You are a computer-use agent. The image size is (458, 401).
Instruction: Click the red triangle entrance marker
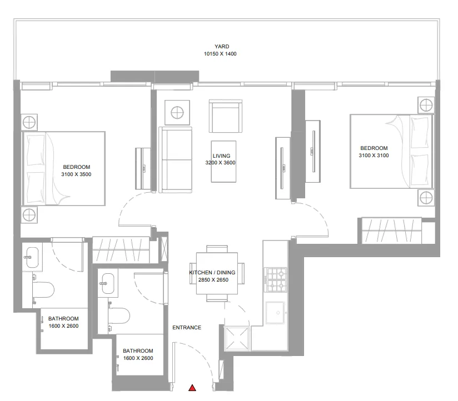tap(192, 388)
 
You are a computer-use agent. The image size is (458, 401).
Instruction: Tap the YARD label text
tap(222, 47)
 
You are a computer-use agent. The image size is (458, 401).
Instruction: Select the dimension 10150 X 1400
tap(221, 54)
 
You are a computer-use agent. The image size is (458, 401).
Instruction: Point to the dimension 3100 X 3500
tap(77, 174)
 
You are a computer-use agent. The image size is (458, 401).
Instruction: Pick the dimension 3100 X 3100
tap(374, 156)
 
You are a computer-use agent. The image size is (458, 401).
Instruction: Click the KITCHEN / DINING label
tap(212, 273)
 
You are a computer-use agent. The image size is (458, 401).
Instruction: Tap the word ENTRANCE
tap(187, 328)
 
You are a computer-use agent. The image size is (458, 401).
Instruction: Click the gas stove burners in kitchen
tap(276, 280)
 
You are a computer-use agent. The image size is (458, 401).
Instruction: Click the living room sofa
tap(176, 160)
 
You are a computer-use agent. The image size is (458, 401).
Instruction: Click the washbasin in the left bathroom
tap(31, 256)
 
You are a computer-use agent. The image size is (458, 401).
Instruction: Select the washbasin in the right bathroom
tap(107, 283)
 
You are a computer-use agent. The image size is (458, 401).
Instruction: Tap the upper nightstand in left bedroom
tap(29, 122)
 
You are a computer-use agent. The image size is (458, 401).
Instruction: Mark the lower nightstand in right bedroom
tap(426, 197)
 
